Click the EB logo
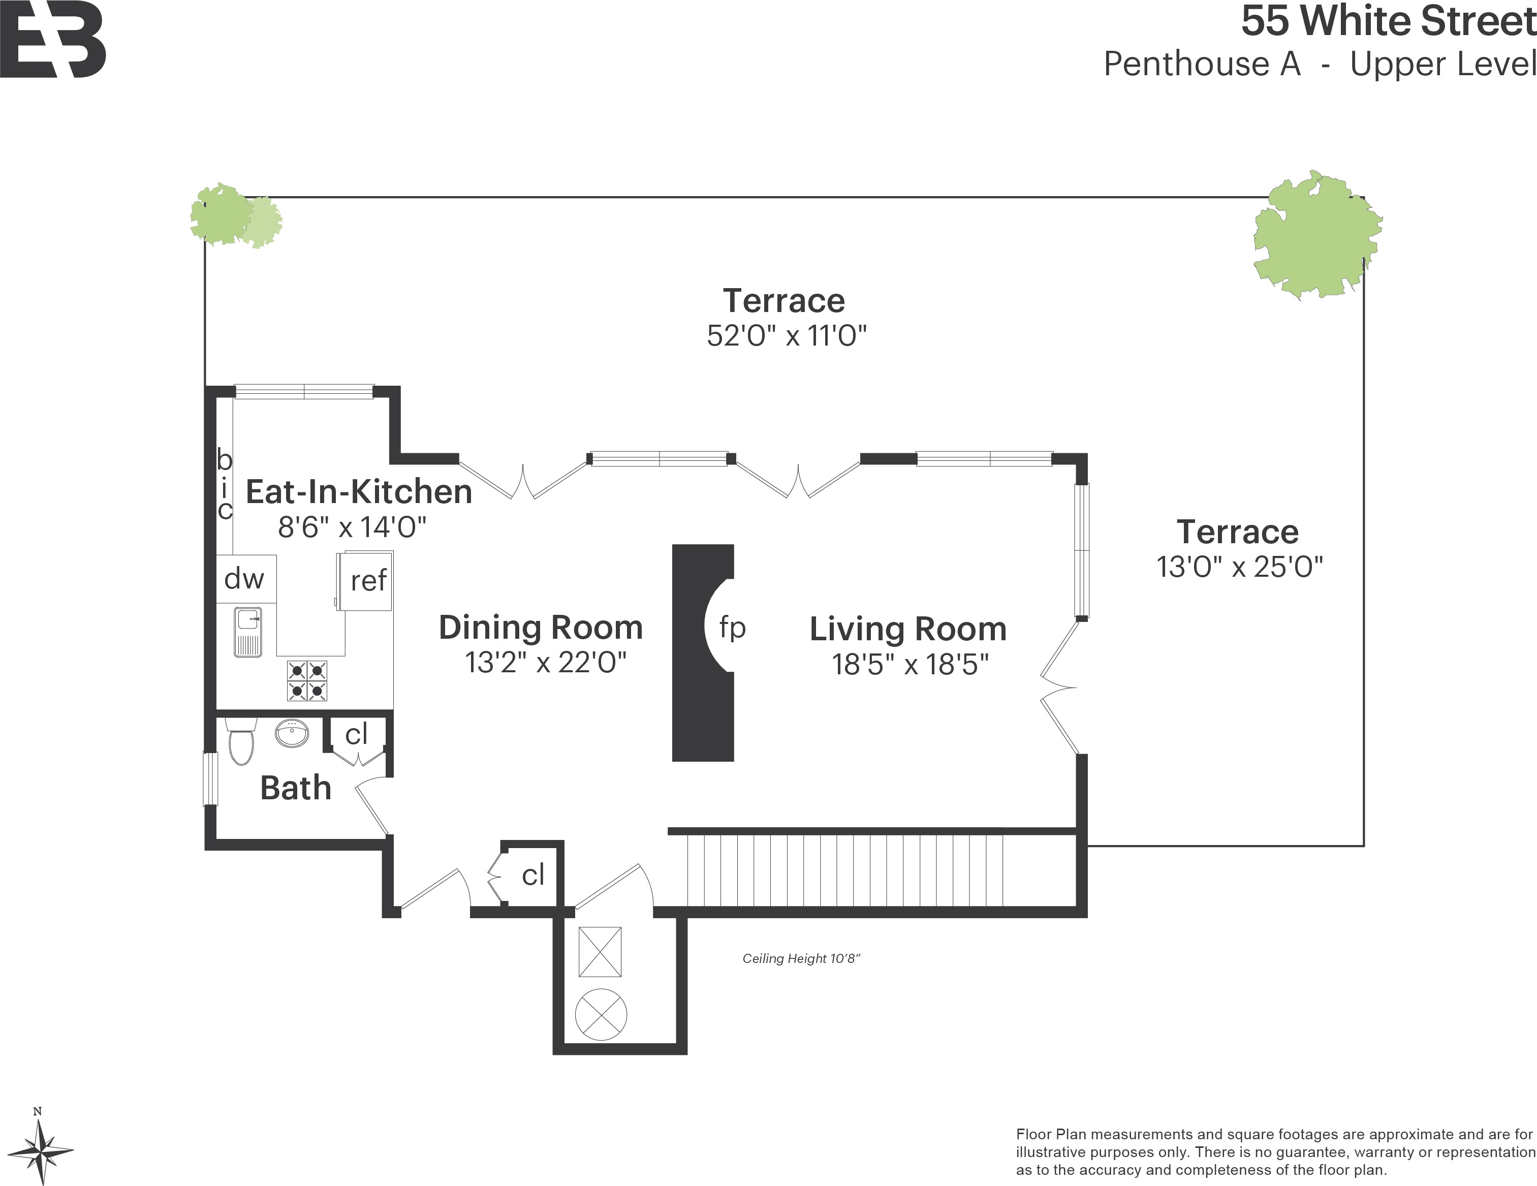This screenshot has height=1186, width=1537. point(53,41)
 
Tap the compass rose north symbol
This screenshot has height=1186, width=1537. point(41,1151)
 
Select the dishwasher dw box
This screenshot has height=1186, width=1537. point(245,579)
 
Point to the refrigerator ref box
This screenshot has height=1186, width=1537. point(366,581)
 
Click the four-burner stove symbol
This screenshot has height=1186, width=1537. point(307,680)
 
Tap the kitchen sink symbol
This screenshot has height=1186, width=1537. point(248,631)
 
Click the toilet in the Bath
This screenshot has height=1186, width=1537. point(241,742)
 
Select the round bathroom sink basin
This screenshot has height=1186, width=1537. point(291,733)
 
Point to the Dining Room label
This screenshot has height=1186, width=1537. point(541,627)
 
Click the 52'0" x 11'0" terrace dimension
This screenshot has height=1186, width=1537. point(786,336)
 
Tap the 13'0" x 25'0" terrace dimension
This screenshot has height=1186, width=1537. point(1239,567)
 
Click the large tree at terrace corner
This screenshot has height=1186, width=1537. point(1316,236)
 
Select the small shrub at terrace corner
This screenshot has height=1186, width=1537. point(234,216)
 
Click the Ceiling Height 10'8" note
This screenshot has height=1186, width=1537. point(801,959)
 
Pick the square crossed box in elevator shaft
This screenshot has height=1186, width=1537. point(600,952)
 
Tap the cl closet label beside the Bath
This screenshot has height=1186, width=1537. point(356,734)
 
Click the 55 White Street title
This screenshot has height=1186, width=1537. point(1387,21)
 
